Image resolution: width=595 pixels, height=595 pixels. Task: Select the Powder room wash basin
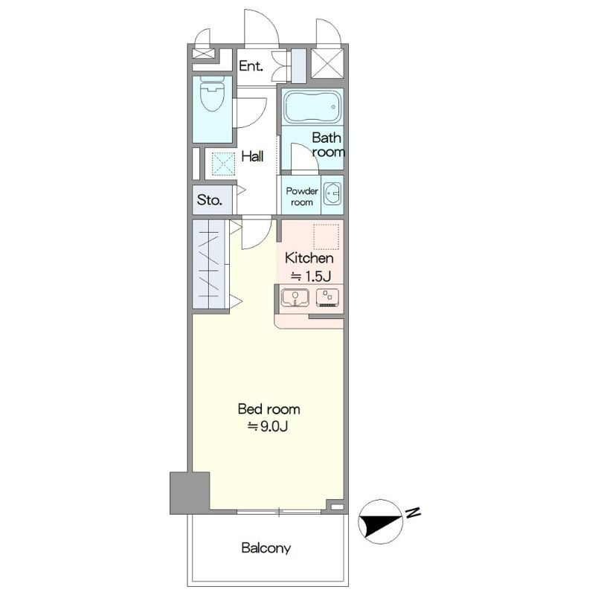(332, 193)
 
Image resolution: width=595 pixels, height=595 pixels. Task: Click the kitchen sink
(295, 297)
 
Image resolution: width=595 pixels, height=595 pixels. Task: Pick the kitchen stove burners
(327, 297)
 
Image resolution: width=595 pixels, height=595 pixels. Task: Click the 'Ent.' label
(251, 66)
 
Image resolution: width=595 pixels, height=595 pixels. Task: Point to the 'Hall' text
(252, 156)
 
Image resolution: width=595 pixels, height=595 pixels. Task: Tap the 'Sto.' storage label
(209, 199)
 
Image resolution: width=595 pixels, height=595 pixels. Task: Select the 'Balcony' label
(266, 548)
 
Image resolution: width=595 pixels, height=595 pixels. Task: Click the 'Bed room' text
(268, 409)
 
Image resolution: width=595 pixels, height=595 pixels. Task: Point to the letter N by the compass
(413, 512)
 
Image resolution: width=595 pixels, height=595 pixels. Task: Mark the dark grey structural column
(190, 493)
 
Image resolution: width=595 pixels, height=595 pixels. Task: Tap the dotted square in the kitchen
(326, 237)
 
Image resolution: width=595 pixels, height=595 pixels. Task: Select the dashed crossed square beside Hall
(223, 164)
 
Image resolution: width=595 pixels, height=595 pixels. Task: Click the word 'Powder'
(302, 191)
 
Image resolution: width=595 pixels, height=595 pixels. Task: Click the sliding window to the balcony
(279, 512)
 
